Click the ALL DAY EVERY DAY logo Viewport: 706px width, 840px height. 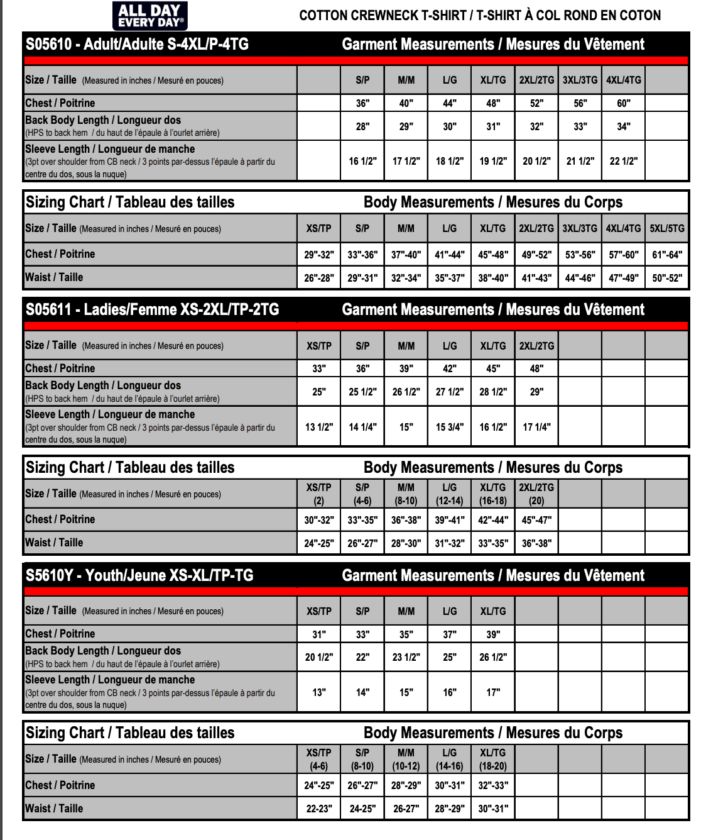149,16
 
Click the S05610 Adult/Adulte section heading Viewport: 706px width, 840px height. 137,44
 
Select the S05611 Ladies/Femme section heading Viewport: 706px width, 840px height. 152,309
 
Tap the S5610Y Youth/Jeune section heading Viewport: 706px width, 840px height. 139,575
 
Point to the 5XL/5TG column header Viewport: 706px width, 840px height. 667,228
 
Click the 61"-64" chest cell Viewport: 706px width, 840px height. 667,255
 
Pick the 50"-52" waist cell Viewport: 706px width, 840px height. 667,278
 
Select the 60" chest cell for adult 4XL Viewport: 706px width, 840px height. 623,103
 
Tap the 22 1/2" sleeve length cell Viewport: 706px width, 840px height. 623,161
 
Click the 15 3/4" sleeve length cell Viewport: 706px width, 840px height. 450,427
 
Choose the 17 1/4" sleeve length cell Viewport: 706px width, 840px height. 536,427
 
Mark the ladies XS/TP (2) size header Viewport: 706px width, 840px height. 319,494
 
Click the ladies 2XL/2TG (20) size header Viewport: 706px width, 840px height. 536,494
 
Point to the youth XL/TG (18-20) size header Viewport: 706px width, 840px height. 493,759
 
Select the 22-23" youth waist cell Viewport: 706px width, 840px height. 319,809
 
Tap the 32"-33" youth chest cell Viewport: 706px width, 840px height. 493,785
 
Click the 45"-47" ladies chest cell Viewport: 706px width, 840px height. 536,520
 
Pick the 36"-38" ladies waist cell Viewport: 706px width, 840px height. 536,543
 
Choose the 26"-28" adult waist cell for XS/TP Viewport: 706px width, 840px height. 319,278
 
